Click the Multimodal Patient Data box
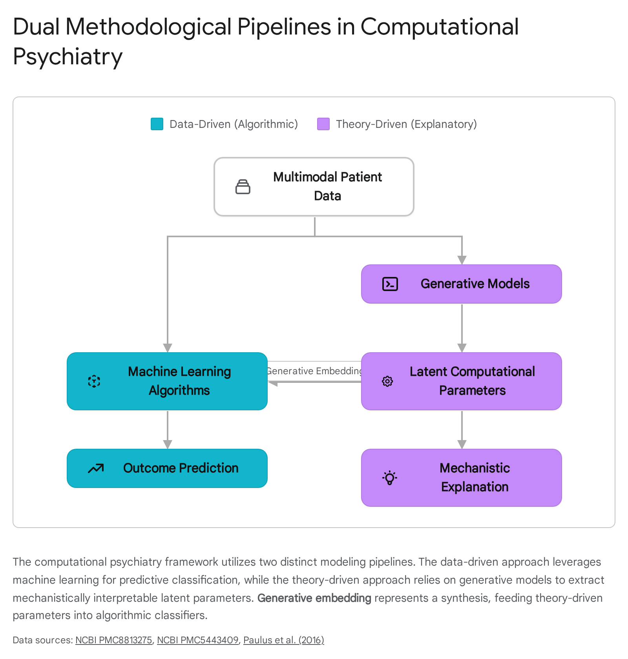coord(314,187)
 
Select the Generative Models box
coord(462,284)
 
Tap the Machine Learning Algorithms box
coord(167,381)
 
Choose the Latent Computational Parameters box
coord(462,381)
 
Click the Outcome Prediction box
coord(167,468)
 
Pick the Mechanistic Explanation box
coord(462,478)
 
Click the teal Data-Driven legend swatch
coord(157,124)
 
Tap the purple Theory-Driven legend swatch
coord(323,124)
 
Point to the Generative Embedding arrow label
coord(314,371)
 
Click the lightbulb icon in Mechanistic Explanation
coord(390,478)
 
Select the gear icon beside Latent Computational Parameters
coord(387,381)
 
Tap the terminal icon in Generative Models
coord(390,284)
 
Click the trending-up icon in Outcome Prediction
coord(96,468)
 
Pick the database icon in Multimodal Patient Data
coord(243,187)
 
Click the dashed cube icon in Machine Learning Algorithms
coord(94,381)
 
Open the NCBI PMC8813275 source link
coord(114,640)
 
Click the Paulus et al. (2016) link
coord(284,640)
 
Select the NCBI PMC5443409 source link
coord(198,640)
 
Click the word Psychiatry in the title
coord(68,56)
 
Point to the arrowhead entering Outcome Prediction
coord(168,444)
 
